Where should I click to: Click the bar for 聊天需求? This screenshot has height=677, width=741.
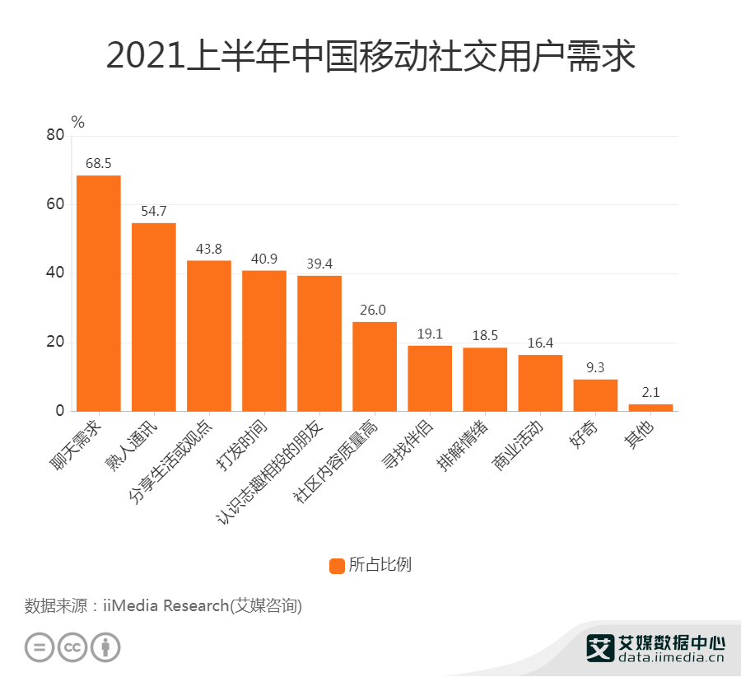point(99,292)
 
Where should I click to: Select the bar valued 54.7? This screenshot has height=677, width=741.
point(154,317)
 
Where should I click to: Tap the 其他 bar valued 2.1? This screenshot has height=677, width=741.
point(650,407)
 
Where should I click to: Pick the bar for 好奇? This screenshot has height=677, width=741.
point(595,395)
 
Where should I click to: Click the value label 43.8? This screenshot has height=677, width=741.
point(209,249)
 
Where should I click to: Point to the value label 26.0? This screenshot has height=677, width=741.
point(375,310)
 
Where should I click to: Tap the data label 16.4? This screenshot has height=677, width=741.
point(540,343)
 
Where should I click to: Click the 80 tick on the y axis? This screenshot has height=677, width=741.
point(55,135)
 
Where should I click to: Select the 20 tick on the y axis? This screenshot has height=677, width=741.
point(55,343)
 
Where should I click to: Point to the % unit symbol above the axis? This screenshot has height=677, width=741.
point(78,122)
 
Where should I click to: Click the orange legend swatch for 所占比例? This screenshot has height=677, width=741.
point(337,565)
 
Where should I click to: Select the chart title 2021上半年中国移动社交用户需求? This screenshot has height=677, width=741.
point(370,57)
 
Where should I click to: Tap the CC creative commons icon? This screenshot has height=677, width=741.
point(72,647)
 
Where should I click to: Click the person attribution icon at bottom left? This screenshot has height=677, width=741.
point(105,647)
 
